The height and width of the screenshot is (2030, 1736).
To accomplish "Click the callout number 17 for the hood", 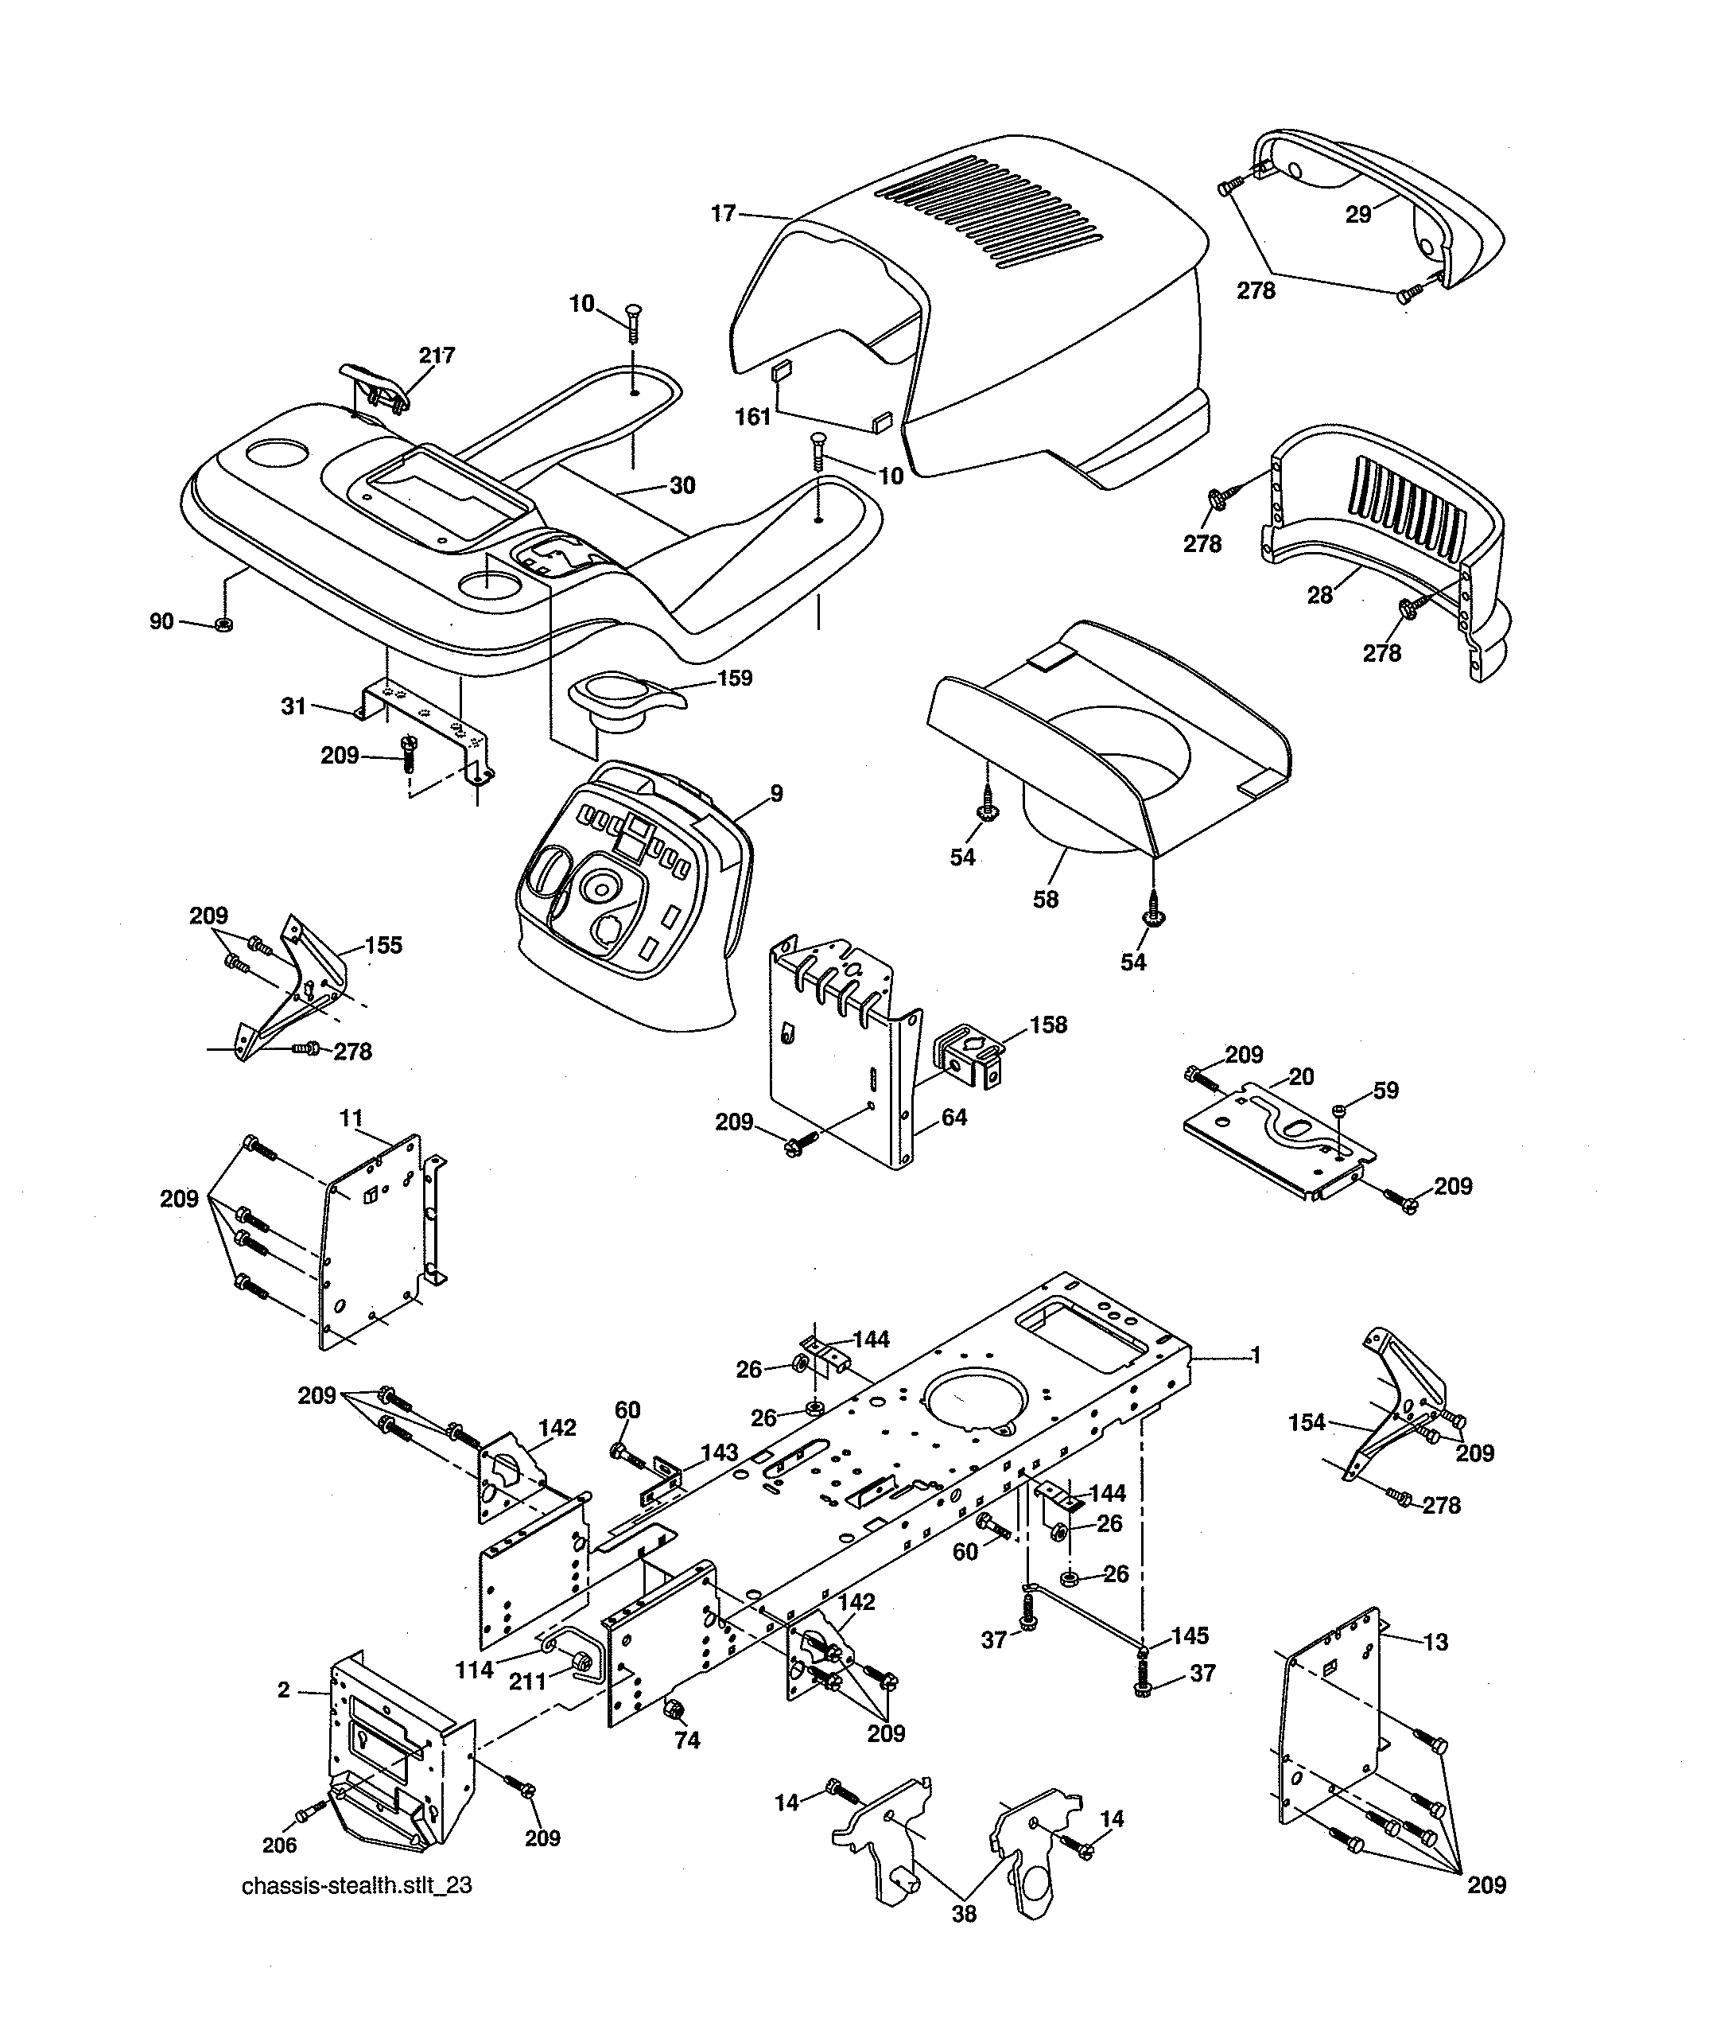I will coord(723,214).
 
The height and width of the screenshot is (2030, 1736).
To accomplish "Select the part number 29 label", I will coord(1357,215).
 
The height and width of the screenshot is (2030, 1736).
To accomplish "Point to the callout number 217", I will coord(437,356).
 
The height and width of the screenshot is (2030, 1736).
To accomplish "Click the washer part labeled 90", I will coord(223,624).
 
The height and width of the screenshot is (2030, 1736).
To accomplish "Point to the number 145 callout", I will coord(1190,1635).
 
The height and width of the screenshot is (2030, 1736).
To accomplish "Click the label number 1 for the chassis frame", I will coord(1256,1356).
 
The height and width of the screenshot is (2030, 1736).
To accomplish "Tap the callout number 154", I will coord(1307,1421).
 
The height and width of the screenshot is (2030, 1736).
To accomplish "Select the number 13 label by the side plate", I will coord(1435,1642).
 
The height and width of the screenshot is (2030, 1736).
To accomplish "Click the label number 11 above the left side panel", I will coord(351,1118).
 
